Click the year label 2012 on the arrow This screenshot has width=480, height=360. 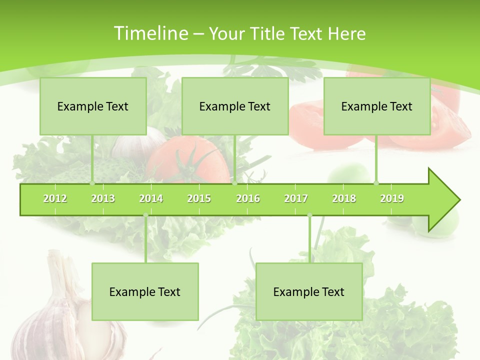55,198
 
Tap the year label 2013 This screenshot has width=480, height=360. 103,198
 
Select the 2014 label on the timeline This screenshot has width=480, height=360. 151,198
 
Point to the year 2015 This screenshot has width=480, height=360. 199,198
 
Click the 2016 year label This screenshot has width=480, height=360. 248,198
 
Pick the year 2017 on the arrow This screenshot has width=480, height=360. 296,198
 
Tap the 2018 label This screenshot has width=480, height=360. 344,198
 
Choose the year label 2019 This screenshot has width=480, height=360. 392,198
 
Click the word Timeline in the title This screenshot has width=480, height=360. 150,33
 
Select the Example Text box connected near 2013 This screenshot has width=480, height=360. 93,106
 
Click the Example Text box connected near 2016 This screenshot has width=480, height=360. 235,106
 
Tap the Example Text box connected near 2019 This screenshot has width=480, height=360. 377,106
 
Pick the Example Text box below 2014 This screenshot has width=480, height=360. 145,291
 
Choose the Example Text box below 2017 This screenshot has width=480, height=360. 309,291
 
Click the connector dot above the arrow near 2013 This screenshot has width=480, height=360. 92,183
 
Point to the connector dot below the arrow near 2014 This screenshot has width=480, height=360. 145,215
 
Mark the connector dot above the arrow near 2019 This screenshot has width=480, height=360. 376,183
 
